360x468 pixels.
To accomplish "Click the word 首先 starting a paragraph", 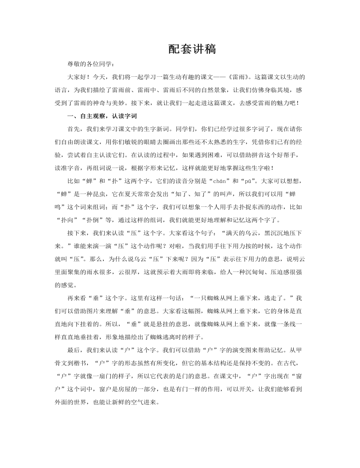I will (73, 129).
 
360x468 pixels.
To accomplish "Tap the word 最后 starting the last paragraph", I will (73, 350).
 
